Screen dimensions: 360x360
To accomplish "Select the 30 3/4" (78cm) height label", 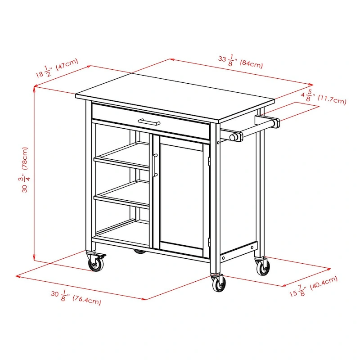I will (26, 169).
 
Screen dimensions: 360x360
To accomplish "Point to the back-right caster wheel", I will (263, 267).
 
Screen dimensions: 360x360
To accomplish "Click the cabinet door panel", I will (180, 191).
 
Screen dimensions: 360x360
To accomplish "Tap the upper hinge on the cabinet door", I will (209, 160).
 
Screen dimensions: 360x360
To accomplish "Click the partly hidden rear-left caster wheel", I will (140, 251).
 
